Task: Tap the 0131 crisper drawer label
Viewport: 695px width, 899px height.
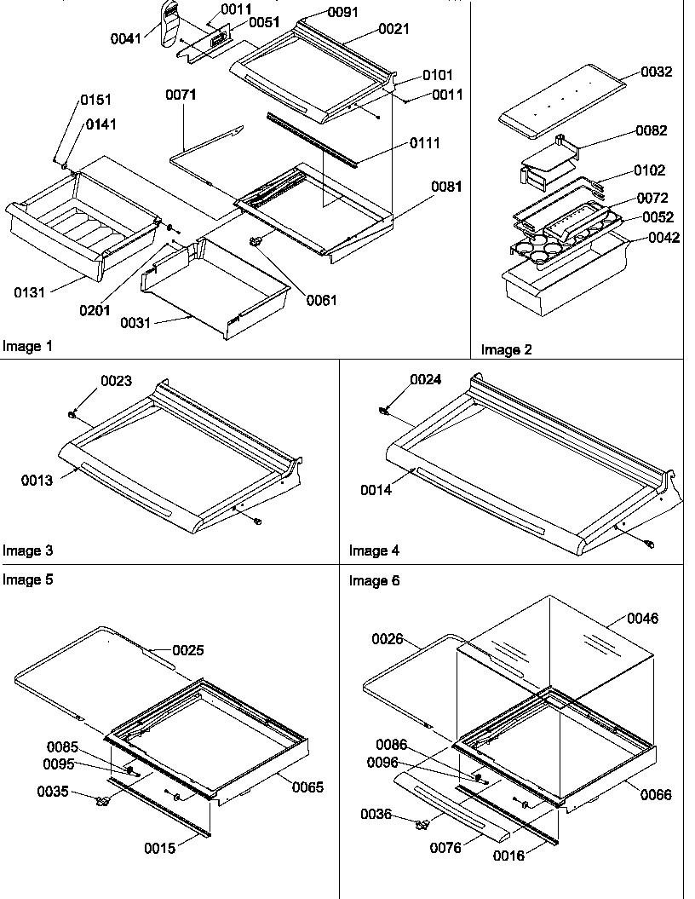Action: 30,292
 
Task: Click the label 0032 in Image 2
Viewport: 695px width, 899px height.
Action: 656,72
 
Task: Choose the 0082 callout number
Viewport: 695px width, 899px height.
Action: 652,130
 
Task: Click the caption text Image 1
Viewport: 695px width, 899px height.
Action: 27,346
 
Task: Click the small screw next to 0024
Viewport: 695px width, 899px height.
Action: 384,412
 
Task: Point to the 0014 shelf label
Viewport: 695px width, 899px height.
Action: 376,490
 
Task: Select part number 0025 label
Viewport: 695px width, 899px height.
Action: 188,650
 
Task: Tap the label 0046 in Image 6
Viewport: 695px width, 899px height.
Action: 643,618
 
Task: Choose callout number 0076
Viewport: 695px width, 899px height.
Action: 445,847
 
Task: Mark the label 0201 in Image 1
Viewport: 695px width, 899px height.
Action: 95,310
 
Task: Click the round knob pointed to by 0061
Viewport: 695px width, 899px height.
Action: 255,244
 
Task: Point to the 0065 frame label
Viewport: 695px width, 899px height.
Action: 307,787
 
